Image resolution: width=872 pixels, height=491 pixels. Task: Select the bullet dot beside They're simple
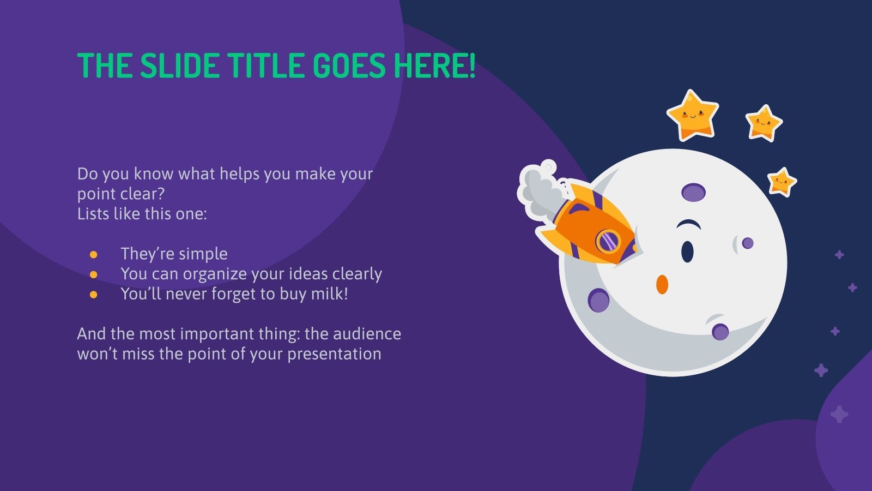point(94,254)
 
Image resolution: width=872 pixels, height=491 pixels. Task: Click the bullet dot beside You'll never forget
point(94,295)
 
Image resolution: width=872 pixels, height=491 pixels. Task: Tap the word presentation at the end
point(334,354)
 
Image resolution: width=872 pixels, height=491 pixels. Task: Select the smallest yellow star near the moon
point(782,181)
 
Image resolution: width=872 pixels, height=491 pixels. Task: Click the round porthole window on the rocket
point(608,241)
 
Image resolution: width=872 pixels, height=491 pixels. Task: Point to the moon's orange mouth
point(662,284)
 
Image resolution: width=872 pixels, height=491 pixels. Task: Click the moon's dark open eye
point(687,251)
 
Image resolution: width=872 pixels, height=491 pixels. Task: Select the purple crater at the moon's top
point(693,192)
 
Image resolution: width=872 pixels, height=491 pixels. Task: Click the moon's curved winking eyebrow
point(689,224)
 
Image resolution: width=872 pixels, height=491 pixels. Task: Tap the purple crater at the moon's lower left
point(599,301)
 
